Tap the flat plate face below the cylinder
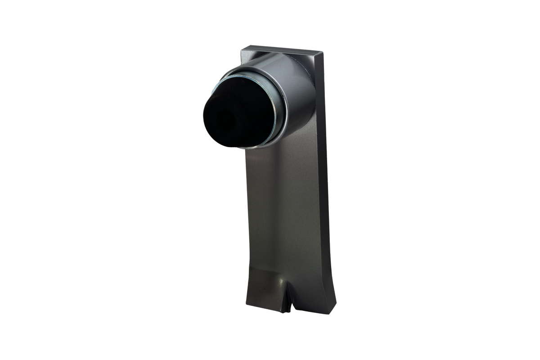click(283, 202)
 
